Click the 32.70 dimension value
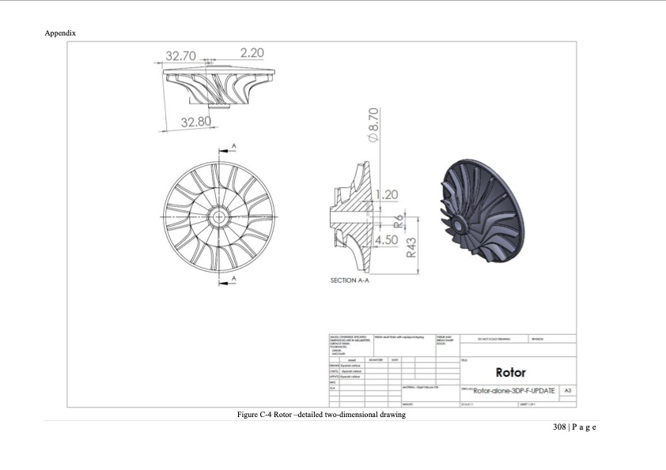click(180, 56)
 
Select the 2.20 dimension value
click(252, 53)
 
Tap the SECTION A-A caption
click(350, 280)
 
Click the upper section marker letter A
click(233, 146)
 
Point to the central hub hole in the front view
click(217, 214)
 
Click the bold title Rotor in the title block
click(511, 372)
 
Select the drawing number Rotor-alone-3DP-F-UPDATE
click(514, 390)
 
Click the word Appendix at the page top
click(61, 33)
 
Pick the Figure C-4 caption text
click(321, 415)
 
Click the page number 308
click(560, 427)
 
